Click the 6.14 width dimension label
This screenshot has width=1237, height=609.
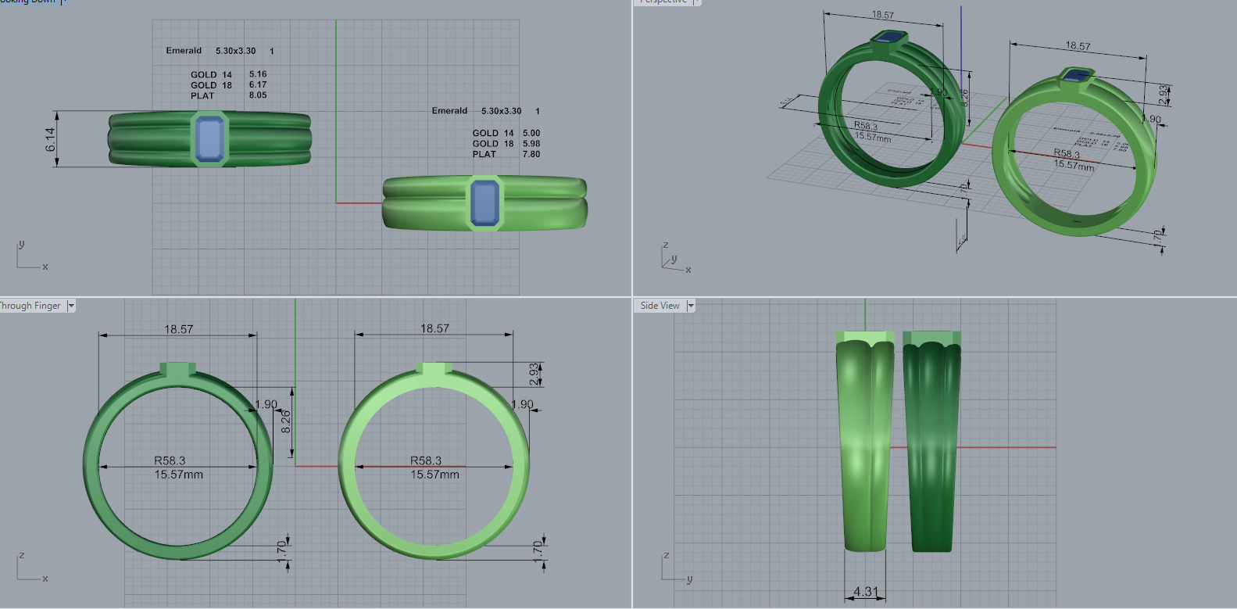(51, 139)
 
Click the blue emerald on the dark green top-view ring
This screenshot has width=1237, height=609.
(209, 139)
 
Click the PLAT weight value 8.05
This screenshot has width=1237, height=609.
(258, 95)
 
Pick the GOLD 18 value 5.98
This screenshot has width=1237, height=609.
(531, 144)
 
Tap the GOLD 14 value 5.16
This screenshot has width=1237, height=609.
(258, 74)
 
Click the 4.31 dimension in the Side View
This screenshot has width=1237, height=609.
(865, 592)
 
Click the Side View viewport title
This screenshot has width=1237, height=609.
(660, 306)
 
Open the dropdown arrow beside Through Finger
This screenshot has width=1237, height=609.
(71, 306)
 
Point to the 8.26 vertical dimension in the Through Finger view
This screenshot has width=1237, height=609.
(286, 421)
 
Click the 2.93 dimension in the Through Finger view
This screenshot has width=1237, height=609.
(534, 374)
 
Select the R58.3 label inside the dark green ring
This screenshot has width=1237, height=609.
(170, 460)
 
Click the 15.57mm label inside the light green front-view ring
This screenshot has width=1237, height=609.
(434, 475)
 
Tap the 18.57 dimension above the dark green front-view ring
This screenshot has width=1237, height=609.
(178, 329)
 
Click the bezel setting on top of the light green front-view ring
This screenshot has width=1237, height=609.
(434, 370)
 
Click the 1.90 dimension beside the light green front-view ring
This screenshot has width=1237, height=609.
(522, 404)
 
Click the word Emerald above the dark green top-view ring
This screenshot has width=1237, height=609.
(184, 51)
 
